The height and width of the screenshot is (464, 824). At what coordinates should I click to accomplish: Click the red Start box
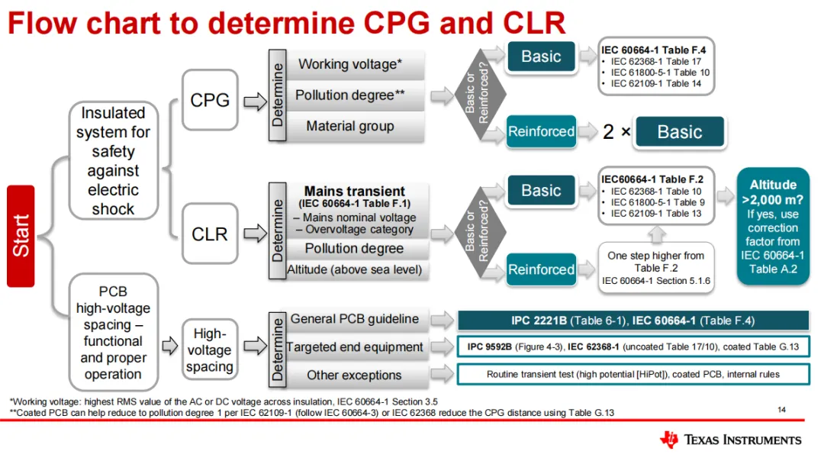(x=21, y=236)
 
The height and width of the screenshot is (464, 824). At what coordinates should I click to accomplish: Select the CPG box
(x=210, y=100)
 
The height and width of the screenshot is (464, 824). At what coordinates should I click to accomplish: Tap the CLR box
(x=210, y=234)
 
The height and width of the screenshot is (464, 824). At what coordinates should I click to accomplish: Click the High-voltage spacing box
(x=209, y=350)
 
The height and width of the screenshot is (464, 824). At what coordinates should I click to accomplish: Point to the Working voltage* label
(x=350, y=64)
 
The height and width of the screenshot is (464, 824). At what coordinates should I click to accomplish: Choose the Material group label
(x=350, y=126)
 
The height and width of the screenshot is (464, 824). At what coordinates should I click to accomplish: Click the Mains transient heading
(x=354, y=191)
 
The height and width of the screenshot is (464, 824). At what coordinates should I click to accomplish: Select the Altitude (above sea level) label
(x=354, y=269)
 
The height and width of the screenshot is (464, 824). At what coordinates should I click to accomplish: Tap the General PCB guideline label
(x=354, y=319)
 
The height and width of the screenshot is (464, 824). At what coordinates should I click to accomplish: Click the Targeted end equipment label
(x=354, y=347)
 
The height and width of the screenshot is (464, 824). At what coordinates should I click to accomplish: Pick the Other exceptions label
(x=354, y=375)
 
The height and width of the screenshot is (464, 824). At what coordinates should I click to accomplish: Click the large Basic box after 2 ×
(x=679, y=132)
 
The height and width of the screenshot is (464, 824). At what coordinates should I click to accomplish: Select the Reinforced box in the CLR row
(x=541, y=269)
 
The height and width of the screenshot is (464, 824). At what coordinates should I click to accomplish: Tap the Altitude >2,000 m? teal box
(x=773, y=226)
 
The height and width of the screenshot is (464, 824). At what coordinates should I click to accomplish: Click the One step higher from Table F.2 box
(x=656, y=268)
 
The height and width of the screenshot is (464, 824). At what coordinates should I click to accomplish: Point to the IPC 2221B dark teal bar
(x=632, y=321)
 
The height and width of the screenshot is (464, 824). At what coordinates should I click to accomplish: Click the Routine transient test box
(x=632, y=375)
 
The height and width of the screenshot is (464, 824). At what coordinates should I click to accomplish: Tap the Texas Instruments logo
(x=730, y=440)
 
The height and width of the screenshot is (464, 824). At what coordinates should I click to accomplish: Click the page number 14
(x=781, y=410)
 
